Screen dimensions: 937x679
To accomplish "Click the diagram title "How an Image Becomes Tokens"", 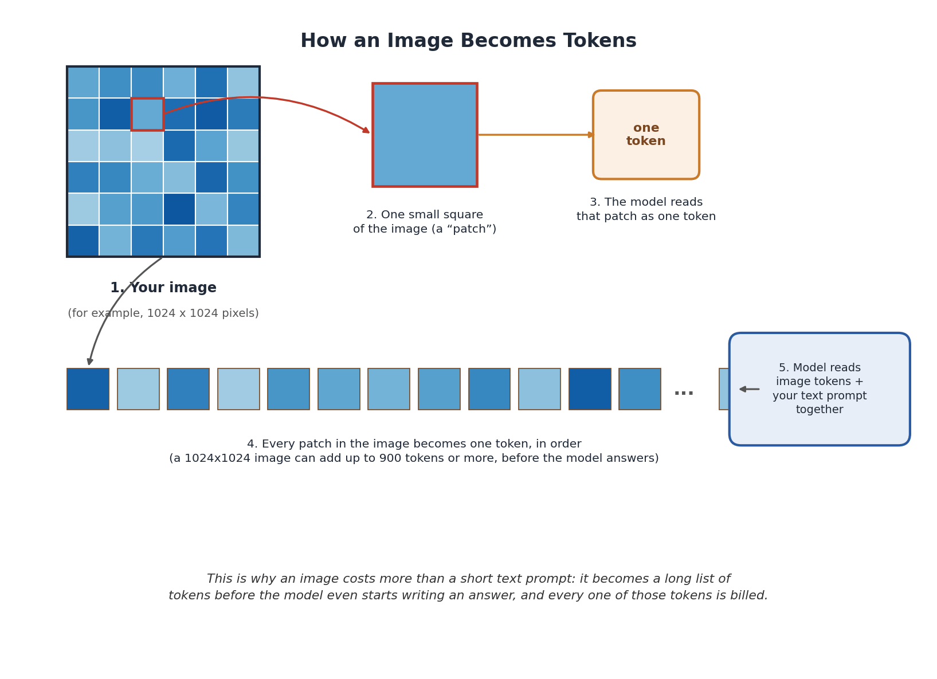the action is pyautogui.click(x=468, y=41).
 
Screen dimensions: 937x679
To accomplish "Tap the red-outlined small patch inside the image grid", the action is pyautogui.click(x=147, y=114).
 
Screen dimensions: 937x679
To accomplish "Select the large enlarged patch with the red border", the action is pyautogui.click(x=425, y=135).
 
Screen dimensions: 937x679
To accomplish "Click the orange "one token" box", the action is pyautogui.click(x=646, y=135).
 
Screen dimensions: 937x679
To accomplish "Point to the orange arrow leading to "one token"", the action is pyautogui.click(x=536, y=135).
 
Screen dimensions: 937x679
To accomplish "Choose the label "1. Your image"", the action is pyautogui.click(x=163, y=288).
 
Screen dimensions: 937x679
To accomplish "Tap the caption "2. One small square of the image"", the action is pyautogui.click(x=425, y=222).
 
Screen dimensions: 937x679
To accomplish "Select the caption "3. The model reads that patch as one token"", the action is pyautogui.click(x=646, y=209).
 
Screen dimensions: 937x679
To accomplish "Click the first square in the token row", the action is pyautogui.click(x=88, y=389).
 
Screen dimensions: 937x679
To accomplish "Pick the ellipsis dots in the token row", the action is pyautogui.click(x=684, y=393).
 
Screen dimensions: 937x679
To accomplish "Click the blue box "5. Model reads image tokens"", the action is pyautogui.click(x=820, y=389).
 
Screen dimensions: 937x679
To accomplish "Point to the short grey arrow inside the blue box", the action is pyautogui.click(x=749, y=389).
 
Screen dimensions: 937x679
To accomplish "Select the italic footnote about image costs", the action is pyautogui.click(x=468, y=587).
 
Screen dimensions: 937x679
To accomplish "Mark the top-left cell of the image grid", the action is pyautogui.click(x=83, y=83).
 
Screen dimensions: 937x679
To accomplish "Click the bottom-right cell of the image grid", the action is pyautogui.click(x=243, y=241).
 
